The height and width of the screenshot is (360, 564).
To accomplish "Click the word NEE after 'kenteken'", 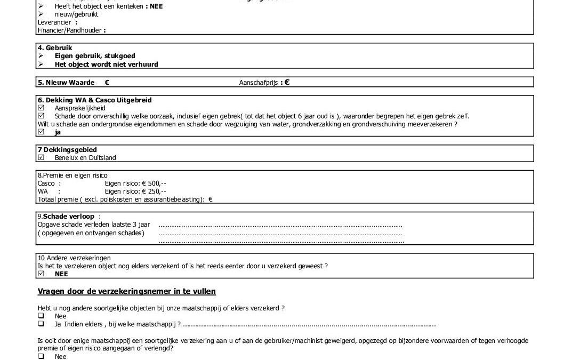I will coord(156,6).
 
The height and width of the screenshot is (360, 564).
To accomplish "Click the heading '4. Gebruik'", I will coord(55,47).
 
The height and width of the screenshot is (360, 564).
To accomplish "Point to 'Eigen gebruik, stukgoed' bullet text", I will coord(95,55).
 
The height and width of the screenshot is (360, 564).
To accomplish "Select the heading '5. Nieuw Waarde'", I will coord(66,83).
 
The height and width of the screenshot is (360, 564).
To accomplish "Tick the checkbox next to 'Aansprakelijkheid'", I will coord(42,108).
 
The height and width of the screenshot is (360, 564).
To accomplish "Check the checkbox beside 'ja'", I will coord(42,132).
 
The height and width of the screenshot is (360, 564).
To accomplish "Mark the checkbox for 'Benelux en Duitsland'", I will coord(42,158).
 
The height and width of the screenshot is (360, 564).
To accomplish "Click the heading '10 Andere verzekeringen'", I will coord(74,258).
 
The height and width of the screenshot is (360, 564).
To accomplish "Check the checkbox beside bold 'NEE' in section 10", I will coord(42,274).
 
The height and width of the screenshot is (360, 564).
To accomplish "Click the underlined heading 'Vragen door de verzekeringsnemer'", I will coord(126,291).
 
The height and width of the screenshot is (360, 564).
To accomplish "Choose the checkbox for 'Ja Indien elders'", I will coord(41,324).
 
